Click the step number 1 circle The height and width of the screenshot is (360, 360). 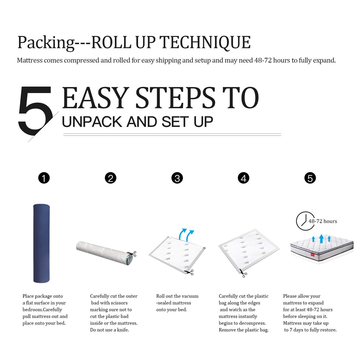44,178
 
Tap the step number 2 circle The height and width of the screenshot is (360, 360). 110,178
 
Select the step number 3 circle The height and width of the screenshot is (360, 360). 177,178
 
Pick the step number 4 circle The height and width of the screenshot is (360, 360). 243,178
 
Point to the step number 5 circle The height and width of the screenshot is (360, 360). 310,178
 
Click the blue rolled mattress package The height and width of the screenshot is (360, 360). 41,243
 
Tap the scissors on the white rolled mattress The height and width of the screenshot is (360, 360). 132,254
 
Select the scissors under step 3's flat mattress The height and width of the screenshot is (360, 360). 189,272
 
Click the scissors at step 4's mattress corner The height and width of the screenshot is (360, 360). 243,273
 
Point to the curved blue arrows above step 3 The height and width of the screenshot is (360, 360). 186,234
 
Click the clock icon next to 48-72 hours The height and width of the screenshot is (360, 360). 305,221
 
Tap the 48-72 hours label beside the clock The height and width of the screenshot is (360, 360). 323,221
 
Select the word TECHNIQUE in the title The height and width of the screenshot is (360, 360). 205,42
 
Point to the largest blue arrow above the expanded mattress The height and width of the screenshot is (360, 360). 321,238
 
